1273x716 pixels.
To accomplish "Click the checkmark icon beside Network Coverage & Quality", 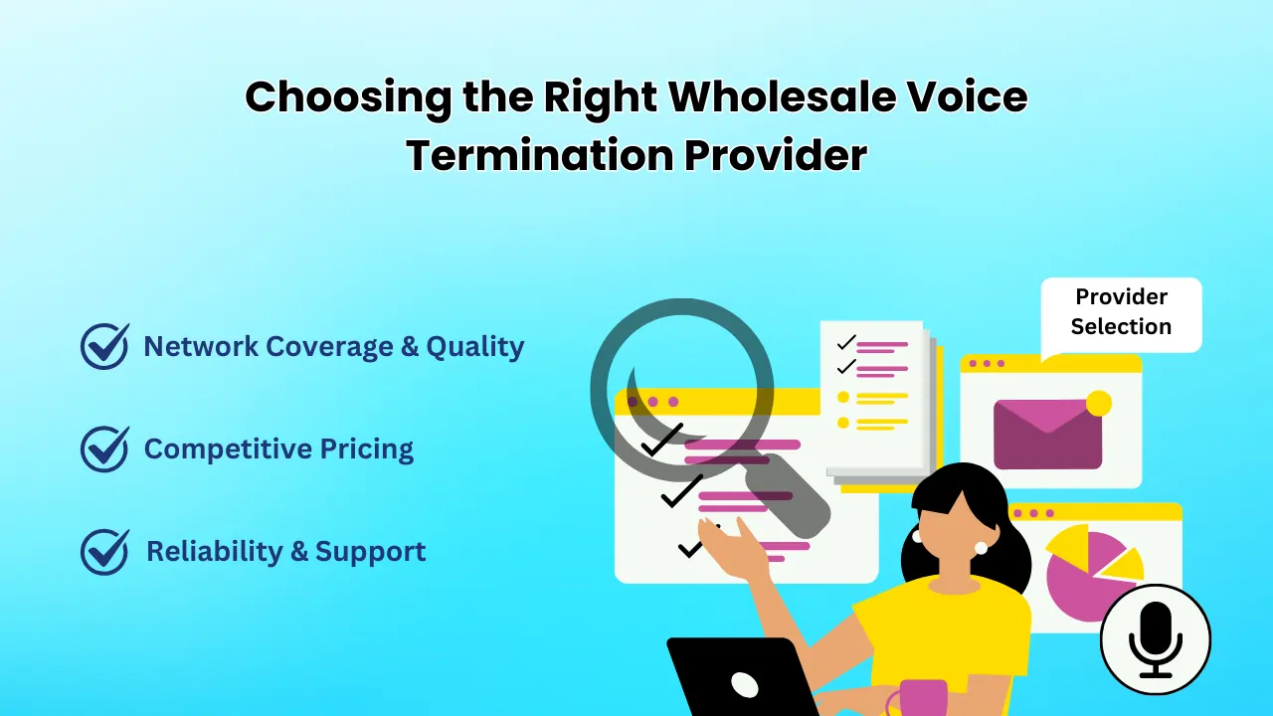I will click(x=104, y=346).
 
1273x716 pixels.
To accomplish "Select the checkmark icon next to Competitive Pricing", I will click(x=104, y=448).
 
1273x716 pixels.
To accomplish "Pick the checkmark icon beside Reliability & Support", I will click(x=104, y=551).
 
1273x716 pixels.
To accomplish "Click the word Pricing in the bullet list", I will click(x=366, y=449).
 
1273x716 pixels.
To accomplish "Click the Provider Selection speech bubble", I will click(x=1121, y=312).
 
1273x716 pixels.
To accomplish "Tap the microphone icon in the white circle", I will click(x=1155, y=638).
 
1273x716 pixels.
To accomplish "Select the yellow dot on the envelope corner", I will click(x=1098, y=403).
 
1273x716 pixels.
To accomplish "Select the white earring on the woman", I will click(x=981, y=548).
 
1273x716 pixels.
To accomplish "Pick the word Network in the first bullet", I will click(x=198, y=346).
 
